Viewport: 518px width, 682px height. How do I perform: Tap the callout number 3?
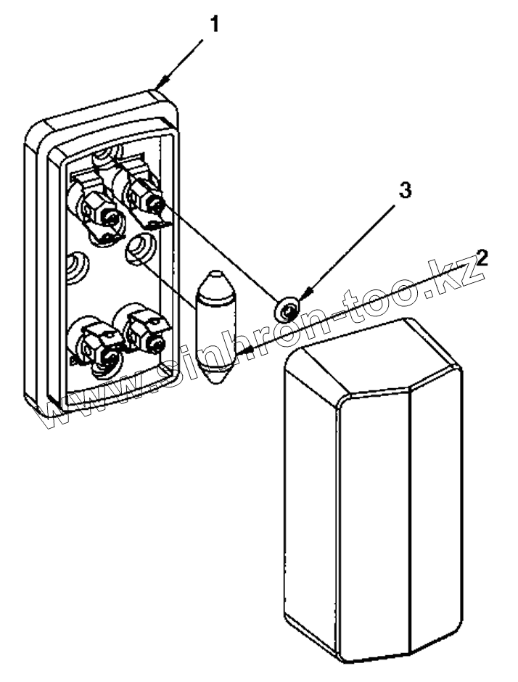406,191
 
